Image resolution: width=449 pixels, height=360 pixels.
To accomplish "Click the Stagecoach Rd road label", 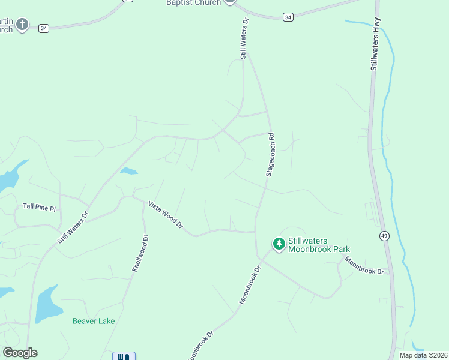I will [x=270, y=155].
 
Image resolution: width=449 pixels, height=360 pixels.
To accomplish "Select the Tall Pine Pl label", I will [x=39, y=208].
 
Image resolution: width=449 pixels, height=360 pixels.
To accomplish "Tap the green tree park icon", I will [x=279, y=244].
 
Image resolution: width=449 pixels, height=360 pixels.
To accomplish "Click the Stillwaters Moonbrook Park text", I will [x=318, y=245].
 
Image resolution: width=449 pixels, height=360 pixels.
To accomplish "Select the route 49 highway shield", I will [x=384, y=236].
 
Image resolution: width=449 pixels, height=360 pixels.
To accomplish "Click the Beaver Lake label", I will [x=94, y=321].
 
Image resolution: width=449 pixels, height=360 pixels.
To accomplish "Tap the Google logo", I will [x=20, y=353].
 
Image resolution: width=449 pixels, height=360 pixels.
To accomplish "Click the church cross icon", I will [x=22, y=25].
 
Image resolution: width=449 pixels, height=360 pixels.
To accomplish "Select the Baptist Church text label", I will [x=194, y=3].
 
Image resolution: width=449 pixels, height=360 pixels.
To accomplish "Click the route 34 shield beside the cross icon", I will [x=43, y=28].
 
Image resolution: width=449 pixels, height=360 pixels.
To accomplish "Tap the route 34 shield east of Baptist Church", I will [x=289, y=17].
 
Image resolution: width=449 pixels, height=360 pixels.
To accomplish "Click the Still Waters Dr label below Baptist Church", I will [x=244, y=38].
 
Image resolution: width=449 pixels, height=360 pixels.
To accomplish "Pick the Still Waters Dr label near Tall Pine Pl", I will [x=73, y=227].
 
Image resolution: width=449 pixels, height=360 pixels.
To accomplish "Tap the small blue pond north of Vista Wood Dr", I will [x=128, y=171].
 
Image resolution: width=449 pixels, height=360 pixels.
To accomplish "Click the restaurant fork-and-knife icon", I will [x=124, y=356].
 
